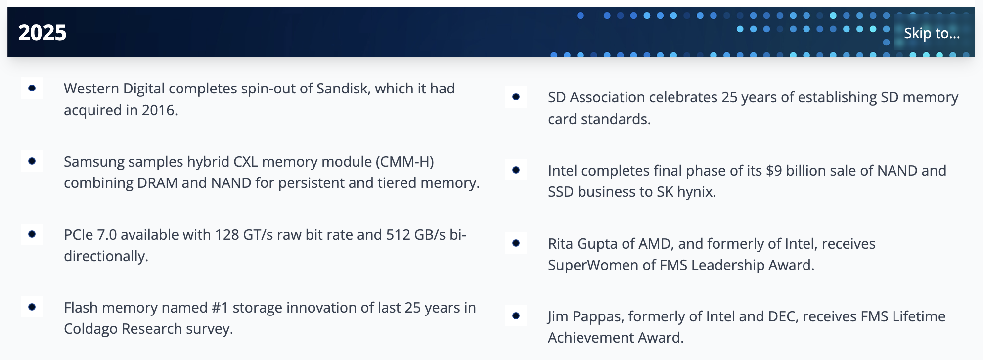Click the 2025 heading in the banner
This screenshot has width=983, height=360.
pos(42,33)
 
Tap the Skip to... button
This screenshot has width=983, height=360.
pos(932,33)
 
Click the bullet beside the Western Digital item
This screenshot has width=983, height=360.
pos(32,88)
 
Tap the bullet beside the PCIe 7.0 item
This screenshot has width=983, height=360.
pos(32,234)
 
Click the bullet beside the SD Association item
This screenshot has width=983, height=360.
pos(516,97)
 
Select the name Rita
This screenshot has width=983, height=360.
pos(561,244)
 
